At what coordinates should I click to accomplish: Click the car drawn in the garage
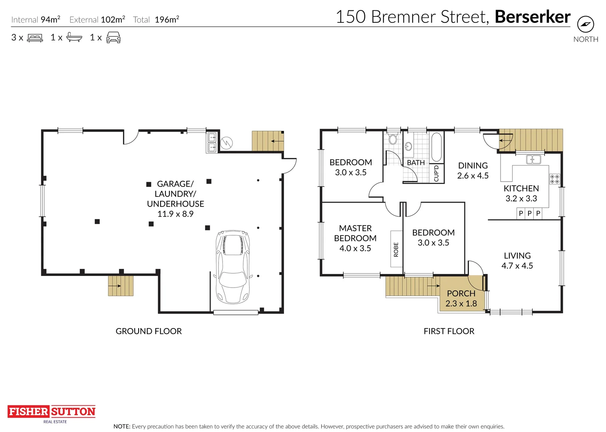point(233,266)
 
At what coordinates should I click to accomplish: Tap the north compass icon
point(585,25)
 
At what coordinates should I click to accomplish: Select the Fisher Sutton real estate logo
point(52,412)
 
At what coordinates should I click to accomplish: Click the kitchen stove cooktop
point(554,179)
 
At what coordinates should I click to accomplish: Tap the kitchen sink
point(533,160)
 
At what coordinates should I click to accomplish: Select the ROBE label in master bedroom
point(396,249)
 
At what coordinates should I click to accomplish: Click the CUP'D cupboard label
point(436,173)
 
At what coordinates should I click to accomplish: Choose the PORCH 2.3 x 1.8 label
point(461,298)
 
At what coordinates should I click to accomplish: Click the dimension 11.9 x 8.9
point(175,214)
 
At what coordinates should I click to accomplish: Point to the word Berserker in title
point(532,17)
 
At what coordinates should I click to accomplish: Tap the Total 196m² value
point(167,20)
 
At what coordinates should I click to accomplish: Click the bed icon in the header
point(35,38)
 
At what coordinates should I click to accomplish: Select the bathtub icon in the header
point(74,38)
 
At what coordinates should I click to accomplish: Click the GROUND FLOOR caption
point(149,331)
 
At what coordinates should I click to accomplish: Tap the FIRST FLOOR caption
point(449,331)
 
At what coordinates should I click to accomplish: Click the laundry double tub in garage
point(212,142)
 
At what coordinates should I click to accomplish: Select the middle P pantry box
point(529,214)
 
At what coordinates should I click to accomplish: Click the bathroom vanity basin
point(408,146)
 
